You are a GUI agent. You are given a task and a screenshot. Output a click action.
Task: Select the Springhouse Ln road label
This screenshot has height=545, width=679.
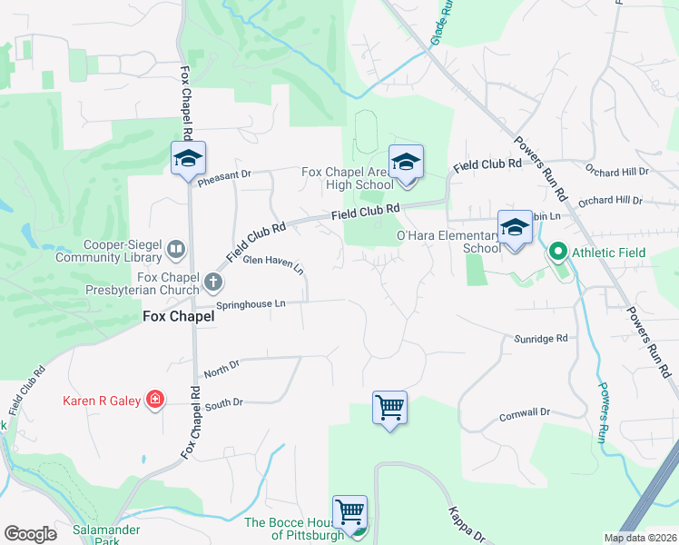251,305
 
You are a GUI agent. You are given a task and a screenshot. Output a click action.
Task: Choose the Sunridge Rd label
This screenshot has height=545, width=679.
542,338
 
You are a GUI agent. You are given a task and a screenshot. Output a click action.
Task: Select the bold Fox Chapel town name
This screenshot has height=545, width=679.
179,317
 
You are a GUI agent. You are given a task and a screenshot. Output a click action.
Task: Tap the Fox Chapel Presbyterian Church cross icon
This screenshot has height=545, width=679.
213,281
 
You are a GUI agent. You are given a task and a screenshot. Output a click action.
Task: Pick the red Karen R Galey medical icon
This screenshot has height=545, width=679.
155,400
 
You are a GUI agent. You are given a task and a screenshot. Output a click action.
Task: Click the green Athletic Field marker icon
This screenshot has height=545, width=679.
557,250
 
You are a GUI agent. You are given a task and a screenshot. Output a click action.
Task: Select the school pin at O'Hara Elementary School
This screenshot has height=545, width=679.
515,229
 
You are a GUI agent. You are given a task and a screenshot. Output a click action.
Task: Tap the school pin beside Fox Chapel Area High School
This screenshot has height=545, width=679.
406,163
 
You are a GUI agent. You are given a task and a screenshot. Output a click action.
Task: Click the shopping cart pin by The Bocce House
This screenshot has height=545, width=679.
349,512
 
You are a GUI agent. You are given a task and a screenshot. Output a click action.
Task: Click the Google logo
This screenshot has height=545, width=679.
30,534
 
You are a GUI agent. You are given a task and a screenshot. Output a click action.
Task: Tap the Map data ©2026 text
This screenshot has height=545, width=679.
640,538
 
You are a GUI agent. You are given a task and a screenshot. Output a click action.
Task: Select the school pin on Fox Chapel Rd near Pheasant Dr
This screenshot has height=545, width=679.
189,159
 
